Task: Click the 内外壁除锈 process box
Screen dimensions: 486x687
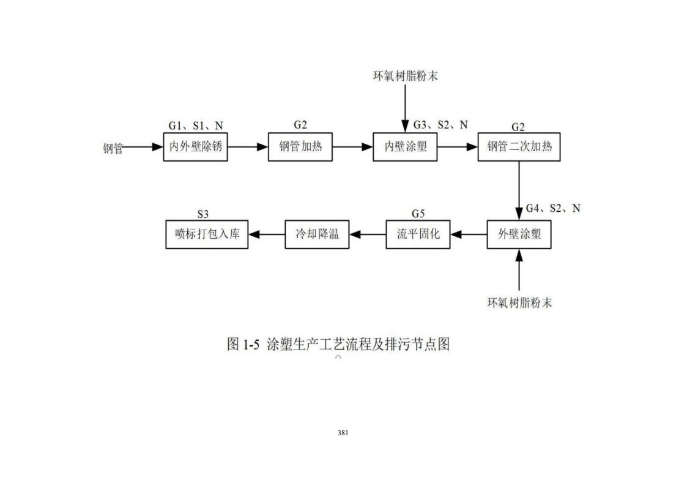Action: [x=195, y=147]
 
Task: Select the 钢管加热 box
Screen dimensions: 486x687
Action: [x=300, y=147]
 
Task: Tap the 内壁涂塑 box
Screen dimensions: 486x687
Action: [x=405, y=147]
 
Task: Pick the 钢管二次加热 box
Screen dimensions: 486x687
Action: [x=519, y=147]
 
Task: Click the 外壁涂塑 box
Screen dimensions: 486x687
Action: [x=519, y=234]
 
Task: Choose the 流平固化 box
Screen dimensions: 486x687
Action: [x=418, y=234]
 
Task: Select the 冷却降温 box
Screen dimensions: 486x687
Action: [x=317, y=234]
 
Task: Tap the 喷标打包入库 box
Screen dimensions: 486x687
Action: [x=207, y=234]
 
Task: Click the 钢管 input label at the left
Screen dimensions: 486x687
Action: [x=113, y=148]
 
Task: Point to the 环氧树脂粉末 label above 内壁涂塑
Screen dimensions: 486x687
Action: [x=405, y=77]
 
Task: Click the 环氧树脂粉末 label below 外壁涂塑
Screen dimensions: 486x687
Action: [x=519, y=303]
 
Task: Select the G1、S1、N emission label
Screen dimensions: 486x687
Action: [x=196, y=126]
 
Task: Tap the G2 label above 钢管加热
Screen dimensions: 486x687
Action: [x=300, y=125]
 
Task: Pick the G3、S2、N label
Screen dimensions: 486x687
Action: [x=440, y=125]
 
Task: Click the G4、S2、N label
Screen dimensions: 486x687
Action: [x=553, y=209]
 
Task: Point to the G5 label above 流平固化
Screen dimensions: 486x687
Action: [x=418, y=214]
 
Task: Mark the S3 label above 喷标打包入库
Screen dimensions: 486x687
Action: [x=203, y=214]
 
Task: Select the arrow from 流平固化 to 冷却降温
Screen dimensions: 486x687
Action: [x=368, y=234]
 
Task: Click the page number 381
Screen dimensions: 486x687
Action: [x=343, y=433]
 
